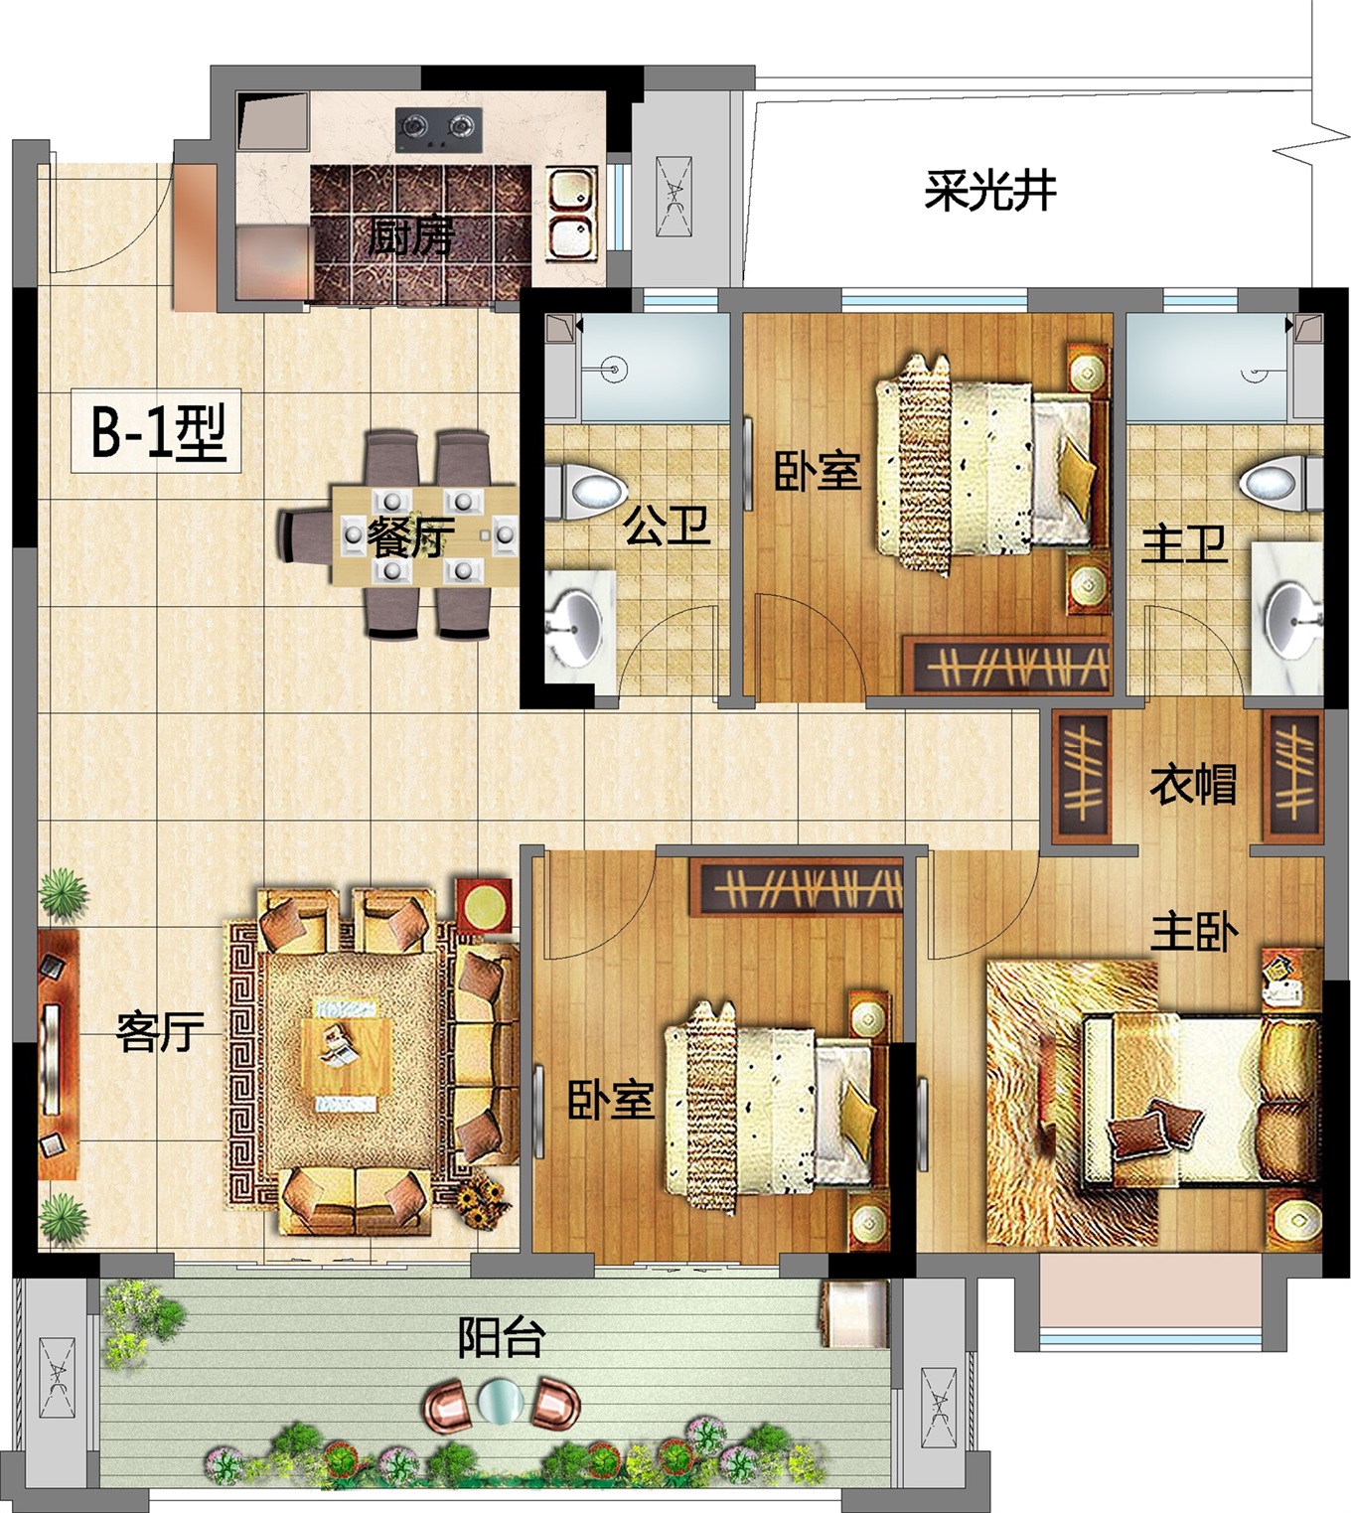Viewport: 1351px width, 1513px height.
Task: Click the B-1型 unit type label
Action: click(x=158, y=431)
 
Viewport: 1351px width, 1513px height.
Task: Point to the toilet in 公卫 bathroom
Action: click(x=592, y=490)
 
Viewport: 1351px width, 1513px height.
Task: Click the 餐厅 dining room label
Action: click(x=410, y=536)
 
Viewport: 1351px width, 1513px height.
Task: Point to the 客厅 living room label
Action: click(x=160, y=1032)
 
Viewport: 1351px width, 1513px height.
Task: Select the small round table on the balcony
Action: click(x=500, y=1401)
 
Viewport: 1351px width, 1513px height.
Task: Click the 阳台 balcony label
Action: click(x=501, y=1337)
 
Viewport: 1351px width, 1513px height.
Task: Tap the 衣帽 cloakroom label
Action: click(x=1193, y=784)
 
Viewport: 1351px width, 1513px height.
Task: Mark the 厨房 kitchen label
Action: click(x=410, y=236)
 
